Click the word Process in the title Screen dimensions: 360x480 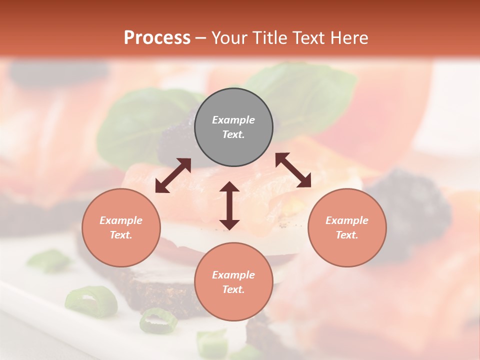[157, 38]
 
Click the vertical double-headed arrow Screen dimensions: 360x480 [229, 205]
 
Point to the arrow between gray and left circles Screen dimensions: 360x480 [173, 175]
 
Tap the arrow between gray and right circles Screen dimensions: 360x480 [293, 170]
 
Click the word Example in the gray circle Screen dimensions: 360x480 [233, 120]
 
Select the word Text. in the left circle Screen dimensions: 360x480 [121, 235]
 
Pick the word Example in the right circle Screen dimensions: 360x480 [347, 220]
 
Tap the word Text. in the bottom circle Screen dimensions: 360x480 [233, 289]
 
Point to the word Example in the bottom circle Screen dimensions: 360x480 [233, 275]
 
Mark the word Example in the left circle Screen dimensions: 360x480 [121, 220]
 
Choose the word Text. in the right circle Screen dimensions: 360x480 [347, 235]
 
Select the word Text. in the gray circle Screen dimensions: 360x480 [233, 134]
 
